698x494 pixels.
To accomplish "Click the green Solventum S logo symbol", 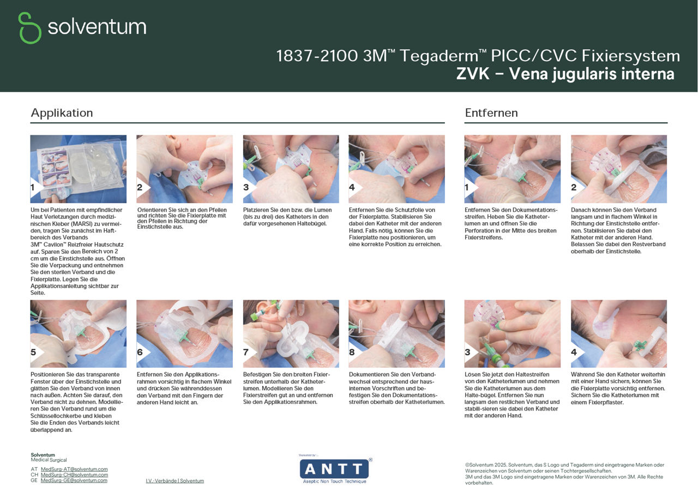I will point(29,28).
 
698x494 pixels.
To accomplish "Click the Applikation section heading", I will point(62,113).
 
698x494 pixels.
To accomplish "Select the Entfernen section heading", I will point(491,113).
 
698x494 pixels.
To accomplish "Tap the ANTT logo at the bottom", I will point(334,469).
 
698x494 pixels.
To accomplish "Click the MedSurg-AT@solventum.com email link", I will point(74,469).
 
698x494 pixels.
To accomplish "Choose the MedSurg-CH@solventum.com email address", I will point(74,475).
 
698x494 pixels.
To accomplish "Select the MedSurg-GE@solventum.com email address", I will point(74,480).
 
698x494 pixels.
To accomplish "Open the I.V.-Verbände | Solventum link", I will point(174,481).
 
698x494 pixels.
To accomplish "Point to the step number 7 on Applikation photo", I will point(247,352).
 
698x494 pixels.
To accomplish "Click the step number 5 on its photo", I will point(34,352).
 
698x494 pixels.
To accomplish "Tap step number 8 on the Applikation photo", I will point(352,352).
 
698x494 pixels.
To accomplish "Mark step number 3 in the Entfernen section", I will point(468,352).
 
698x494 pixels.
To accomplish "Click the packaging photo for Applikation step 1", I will point(79,169).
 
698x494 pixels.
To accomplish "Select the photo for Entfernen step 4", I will point(619,334).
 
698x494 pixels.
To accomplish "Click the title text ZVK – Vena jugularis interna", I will point(565,74).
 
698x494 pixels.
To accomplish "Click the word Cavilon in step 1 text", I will point(54,245).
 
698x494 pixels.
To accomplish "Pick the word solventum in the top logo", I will point(97,27).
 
